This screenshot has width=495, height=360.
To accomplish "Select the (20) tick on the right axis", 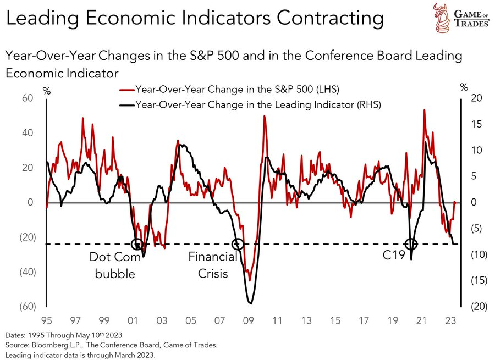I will [x=477, y=307].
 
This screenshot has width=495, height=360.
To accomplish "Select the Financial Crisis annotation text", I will [x=212, y=265].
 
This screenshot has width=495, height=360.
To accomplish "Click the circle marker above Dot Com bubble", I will [x=137, y=244].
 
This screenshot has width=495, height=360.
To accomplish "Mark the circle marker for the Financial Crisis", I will [x=238, y=244].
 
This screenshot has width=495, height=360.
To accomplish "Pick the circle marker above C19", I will [x=411, y=244].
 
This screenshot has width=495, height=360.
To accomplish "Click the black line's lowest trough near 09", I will [x=250, y=303].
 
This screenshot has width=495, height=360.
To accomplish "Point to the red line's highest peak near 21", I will [x=424, y=110].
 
